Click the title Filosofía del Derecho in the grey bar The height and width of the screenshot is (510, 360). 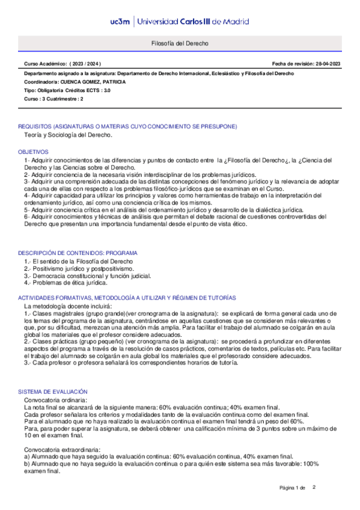[180, 44]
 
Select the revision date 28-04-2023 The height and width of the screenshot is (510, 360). [325, 63]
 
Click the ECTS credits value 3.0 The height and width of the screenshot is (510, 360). [106, 90]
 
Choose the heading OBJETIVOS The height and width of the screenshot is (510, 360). [33, 152]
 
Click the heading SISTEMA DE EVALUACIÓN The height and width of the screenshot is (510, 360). [53, 392]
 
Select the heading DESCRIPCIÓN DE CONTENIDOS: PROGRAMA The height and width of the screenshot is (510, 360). [78, 253]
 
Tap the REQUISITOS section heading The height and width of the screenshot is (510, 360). [127, 126]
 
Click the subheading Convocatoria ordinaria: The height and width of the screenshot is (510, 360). [55, 400]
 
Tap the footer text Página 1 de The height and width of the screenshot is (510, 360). [293, 487]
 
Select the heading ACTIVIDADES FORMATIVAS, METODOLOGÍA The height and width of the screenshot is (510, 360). [127, 298]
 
